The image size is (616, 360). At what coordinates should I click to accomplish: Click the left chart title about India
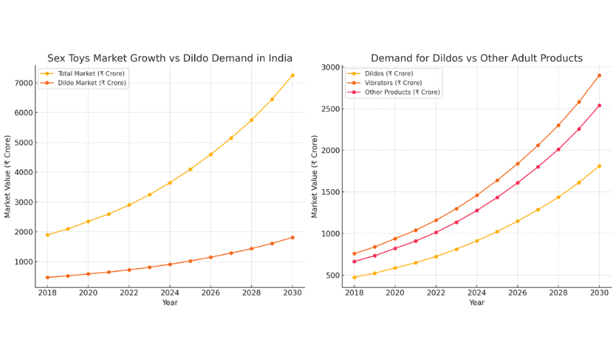pos(169,58)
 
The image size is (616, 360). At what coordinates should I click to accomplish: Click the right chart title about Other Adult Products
pos(477,58)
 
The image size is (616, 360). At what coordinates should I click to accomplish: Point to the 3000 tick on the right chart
pos(332,67)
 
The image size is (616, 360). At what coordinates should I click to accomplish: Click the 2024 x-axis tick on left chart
pos(170,293)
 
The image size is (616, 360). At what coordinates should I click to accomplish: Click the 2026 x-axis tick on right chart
pos(518,293)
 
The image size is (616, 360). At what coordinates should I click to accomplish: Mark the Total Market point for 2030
pos(292,75)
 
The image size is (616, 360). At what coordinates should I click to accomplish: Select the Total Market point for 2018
pos(47,235)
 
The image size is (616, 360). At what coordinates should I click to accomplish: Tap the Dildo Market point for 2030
pos(292,238)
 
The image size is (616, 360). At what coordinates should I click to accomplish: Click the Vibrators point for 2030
pos(600,75)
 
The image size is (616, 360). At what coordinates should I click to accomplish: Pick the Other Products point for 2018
pos(354,262)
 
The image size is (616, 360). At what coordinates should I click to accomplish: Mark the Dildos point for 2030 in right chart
pos(600,166)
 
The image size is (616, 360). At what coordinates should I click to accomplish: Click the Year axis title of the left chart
pos(170,303)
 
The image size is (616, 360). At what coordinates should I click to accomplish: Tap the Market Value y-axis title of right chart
pos(315,176)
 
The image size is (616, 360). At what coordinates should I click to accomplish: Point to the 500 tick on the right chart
pos(334,275)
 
